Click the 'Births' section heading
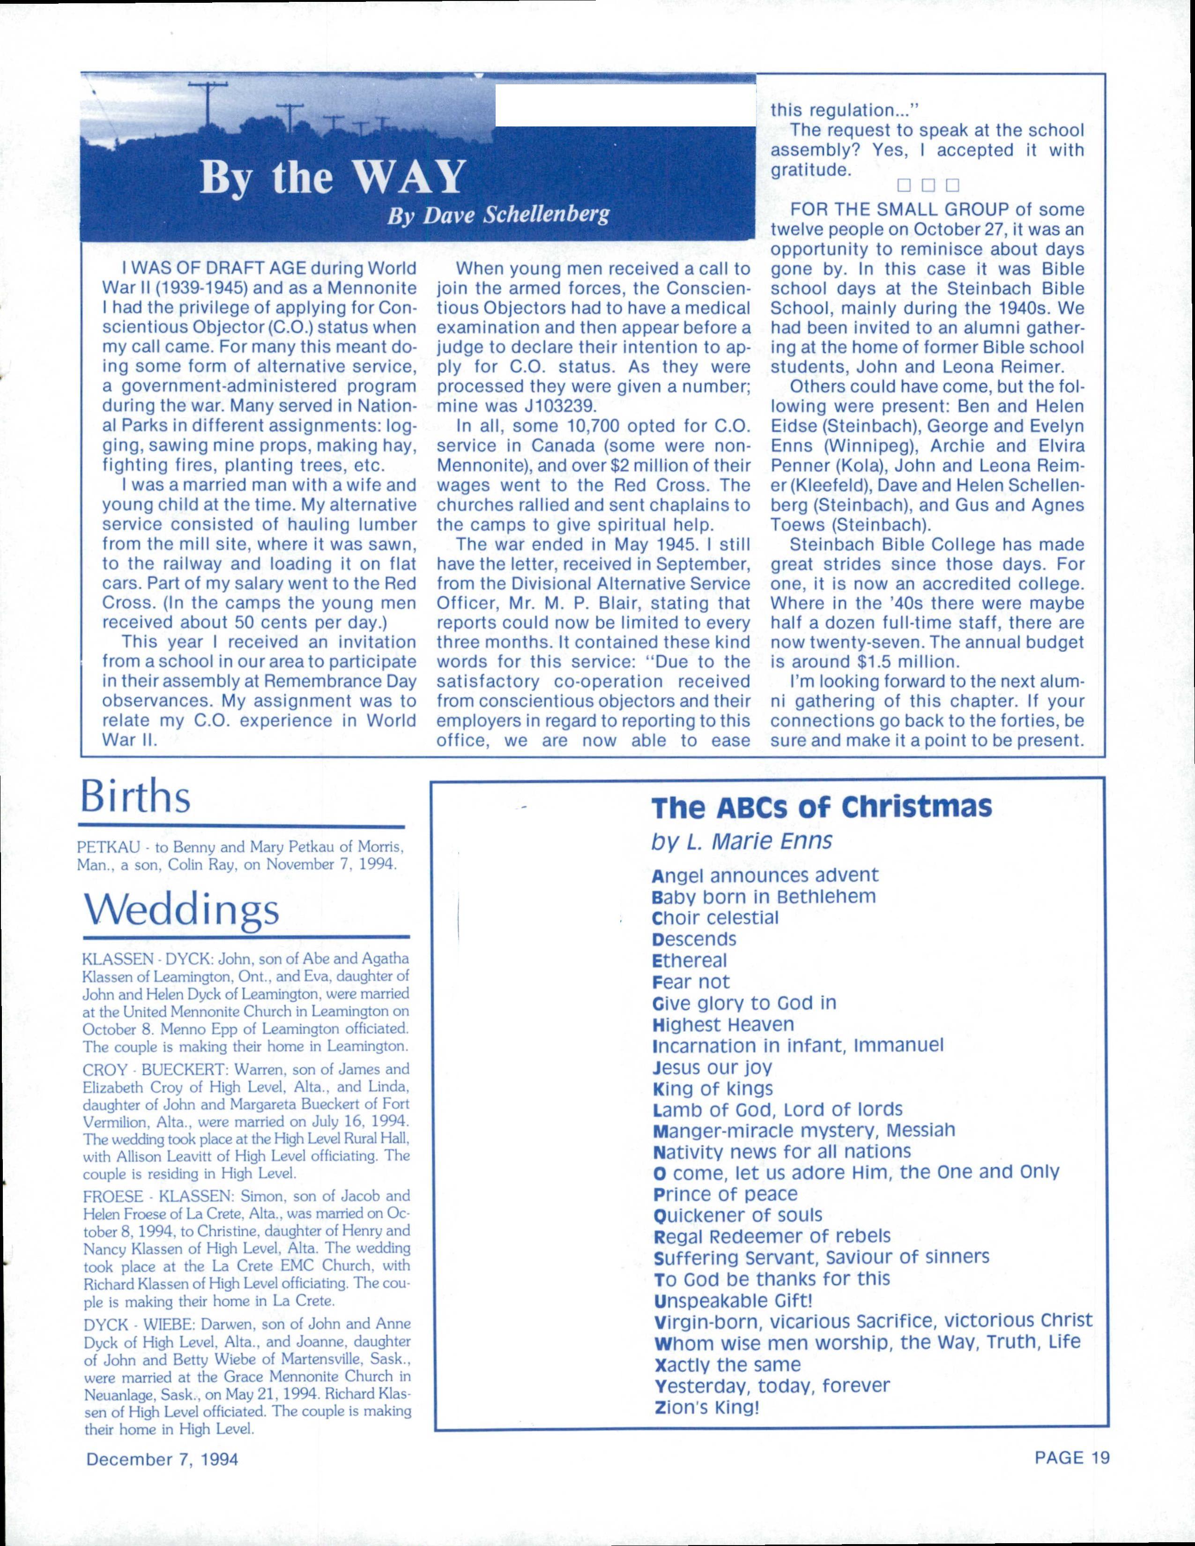[x=135, y=798]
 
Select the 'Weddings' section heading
[x=181, y=908]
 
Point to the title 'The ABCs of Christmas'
[x=821, y=807]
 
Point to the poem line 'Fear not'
[x=690, y=982]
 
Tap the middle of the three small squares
[x=928, y=186]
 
